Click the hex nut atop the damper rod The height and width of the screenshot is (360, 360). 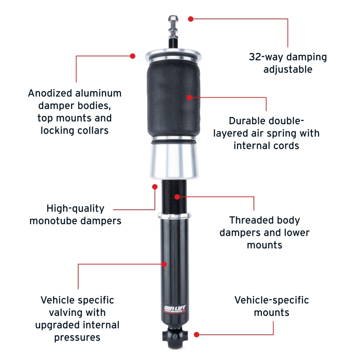coord(173,19)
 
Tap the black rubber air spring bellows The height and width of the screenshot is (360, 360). coord(174,98)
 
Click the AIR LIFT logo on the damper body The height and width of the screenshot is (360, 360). coord(175,309)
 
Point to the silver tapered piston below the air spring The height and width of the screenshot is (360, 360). coord(174,161)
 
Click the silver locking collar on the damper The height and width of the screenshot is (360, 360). coord(175,216)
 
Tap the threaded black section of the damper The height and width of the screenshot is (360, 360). coord(174,196)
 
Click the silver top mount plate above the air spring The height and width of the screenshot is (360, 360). coord(173,55)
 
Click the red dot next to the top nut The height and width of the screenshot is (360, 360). coord(190,19)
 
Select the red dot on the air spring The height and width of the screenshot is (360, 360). coord(189,97)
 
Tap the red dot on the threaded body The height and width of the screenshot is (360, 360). coord(177,197)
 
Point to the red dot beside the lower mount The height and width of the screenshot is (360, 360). coord(197,334)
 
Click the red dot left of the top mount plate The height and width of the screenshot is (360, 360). coord(132,56)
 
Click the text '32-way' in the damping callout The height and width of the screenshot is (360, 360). coord(266,57)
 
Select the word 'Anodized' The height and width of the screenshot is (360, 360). coord(50,93)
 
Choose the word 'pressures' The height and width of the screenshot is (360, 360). coord(77,337)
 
